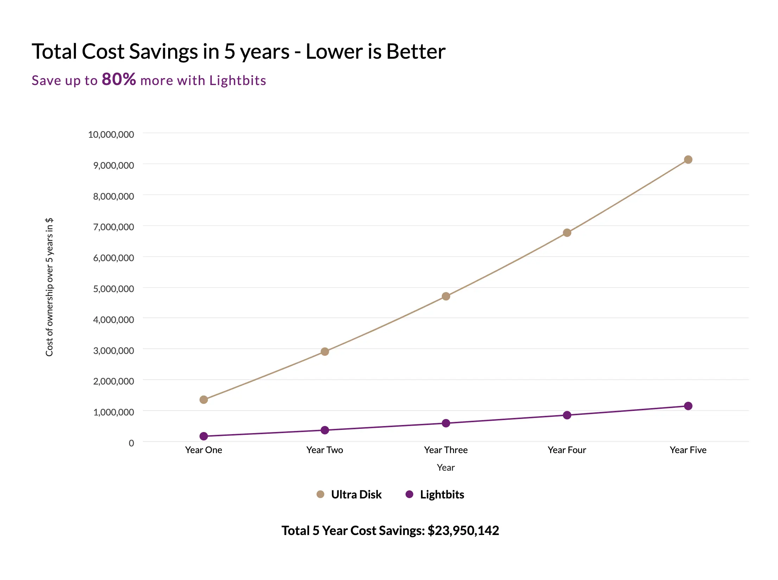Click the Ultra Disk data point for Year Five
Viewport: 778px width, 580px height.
688,160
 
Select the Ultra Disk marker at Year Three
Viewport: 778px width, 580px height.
446,296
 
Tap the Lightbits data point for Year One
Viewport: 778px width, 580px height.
204,436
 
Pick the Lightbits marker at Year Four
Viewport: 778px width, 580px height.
567,415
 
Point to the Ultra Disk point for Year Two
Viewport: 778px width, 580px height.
325,352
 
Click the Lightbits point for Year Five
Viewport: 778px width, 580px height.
688,406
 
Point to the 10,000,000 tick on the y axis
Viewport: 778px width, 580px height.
111,134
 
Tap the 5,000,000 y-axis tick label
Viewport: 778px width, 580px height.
113,289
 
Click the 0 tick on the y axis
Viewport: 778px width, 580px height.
131,443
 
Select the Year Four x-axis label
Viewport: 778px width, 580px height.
567,450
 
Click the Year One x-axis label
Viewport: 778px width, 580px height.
204,450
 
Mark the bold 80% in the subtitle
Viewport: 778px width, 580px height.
119,79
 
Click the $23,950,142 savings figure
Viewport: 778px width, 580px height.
463,530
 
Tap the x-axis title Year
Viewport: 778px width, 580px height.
446,468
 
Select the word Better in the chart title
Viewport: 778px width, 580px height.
416,51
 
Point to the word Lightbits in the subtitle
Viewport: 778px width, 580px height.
237,80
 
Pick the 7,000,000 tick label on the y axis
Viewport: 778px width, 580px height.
113,227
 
